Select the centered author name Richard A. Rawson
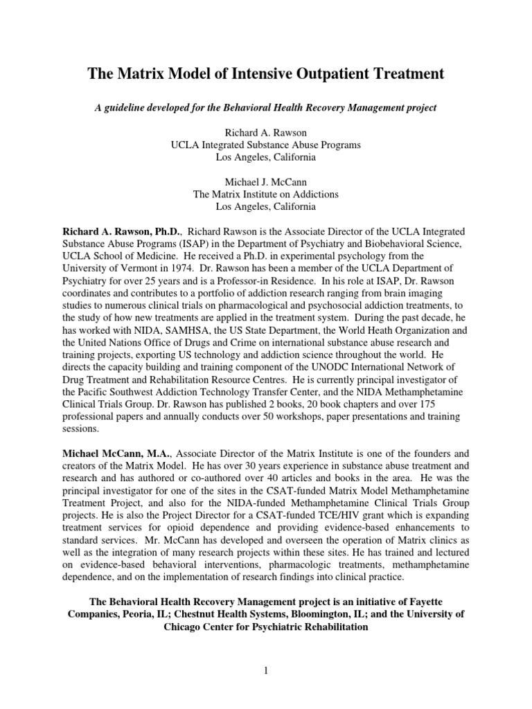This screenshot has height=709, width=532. pos(266,132)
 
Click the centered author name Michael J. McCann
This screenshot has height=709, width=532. pos(266,182)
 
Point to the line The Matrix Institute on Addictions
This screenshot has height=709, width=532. pos(266,195)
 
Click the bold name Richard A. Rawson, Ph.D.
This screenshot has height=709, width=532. pos(121,230)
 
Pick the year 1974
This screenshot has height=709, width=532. pos(184,267)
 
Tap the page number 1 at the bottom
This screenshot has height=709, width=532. pos(266,670)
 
